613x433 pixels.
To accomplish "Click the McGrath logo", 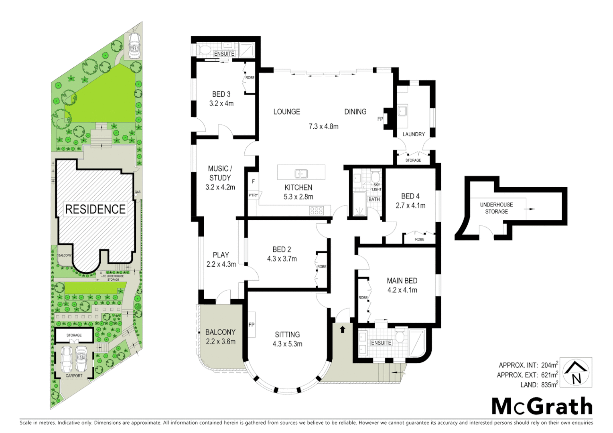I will (x=542, y=407).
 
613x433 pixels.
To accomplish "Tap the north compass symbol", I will (x=576, y=372).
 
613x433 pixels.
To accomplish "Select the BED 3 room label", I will (x=221, y=94).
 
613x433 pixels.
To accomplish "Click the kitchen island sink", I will (x=301, y=174).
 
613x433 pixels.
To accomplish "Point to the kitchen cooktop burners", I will (x=316, y=210).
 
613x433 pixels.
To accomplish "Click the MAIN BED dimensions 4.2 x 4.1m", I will (x=402, y=290).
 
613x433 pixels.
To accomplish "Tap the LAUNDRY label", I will (x=413, y=134).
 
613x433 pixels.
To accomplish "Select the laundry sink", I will (x=402, y=111).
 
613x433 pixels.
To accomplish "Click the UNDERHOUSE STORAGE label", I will (x=496, y=208).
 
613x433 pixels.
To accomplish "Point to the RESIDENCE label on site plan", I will (x=95, y=209).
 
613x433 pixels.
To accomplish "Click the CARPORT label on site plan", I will (x=74, y=376).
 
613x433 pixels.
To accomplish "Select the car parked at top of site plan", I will (x=134, y=46).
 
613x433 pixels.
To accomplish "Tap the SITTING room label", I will (x=287, y=334).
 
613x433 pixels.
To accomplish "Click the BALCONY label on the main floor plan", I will (x=220, y=332).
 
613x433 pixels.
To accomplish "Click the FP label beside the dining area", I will (x=380, y=119).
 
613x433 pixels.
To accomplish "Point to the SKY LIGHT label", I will (x=376, y=187).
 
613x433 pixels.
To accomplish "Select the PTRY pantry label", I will (x=253, y=195).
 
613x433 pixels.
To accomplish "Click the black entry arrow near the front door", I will (x=342, y=330).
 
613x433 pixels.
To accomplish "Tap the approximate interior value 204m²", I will (x=549, y=365).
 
